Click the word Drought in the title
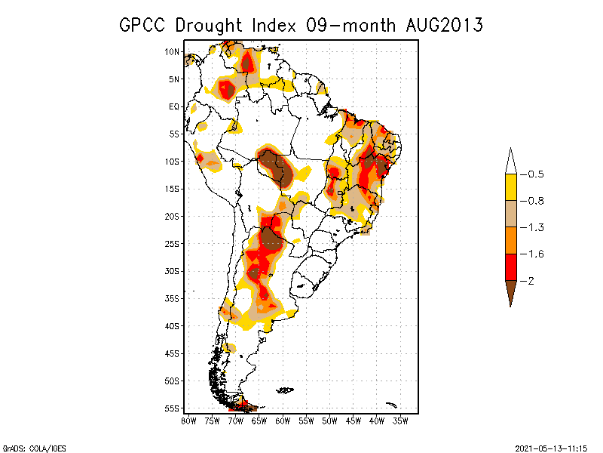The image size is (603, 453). tap(209, 26)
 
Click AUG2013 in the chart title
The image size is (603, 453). tap(444, 26)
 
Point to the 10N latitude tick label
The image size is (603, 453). tap(172, 51)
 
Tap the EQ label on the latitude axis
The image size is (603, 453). tap(174, 106)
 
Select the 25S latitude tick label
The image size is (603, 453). tap(172, 244)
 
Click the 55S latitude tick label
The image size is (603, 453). tap(172, 408)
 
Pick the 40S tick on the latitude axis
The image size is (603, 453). tap(172, 326)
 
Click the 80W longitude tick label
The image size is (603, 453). tap(188, 421)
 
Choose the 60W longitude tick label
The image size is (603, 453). tap(283, 421)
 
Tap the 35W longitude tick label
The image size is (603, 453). tap(400, 421)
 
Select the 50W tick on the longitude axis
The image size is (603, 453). tap(329, 421)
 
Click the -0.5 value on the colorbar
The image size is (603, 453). tap(532, 174)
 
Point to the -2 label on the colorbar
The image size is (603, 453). tap(527, 281)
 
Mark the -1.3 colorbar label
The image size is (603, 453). tap(532, 228)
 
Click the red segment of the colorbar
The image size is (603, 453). tap(511, 267)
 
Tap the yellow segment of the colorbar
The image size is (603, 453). tap(511, 187)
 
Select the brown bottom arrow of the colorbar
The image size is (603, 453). tap(511, 293)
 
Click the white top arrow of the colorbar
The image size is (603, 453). tap(511, 162)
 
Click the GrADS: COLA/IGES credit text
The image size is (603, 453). tap(34, 448)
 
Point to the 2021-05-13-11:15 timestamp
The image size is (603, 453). tap(551, 448)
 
